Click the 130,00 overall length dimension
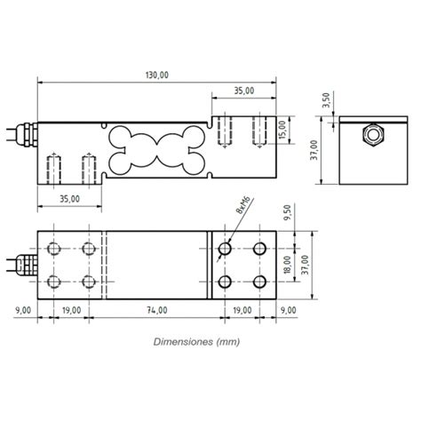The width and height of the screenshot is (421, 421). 156,75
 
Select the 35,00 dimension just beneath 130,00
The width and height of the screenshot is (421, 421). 243,90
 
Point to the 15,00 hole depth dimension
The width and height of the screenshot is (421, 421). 282,131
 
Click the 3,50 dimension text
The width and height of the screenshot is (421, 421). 325,101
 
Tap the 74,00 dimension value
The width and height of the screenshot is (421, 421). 156,310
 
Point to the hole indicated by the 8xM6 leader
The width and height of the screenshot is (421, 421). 225,248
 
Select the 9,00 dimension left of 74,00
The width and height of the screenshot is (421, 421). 25,310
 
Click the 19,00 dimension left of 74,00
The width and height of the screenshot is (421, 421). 71,310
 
